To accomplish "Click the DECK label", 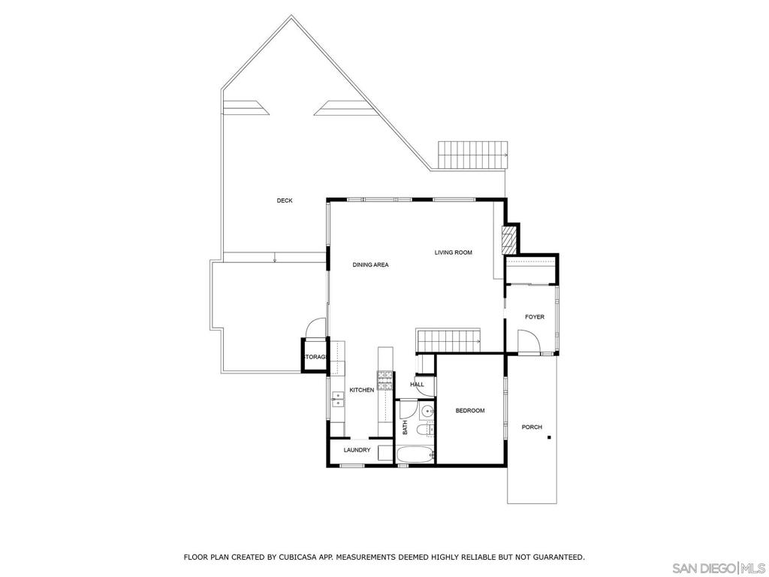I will coord(285,201).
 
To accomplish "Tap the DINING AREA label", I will coord(370,264).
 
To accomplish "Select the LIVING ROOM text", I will coord(453,252).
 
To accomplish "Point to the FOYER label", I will coord(534,317).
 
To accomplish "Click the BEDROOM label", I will coord(470,411).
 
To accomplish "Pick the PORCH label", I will coord(532,427).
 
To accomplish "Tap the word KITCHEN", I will coord(361,390).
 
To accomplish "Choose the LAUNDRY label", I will coord(357,450).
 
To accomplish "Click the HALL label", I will coord(417,385).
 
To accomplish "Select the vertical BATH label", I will coord(405,427).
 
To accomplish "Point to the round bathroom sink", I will coord(427,411).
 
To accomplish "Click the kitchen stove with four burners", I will coord(385,381).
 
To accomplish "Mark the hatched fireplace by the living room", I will coord(508,240).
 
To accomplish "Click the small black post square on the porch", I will coord(549,438).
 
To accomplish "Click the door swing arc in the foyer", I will coord(529,342).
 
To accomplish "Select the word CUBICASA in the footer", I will coord(289,557).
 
